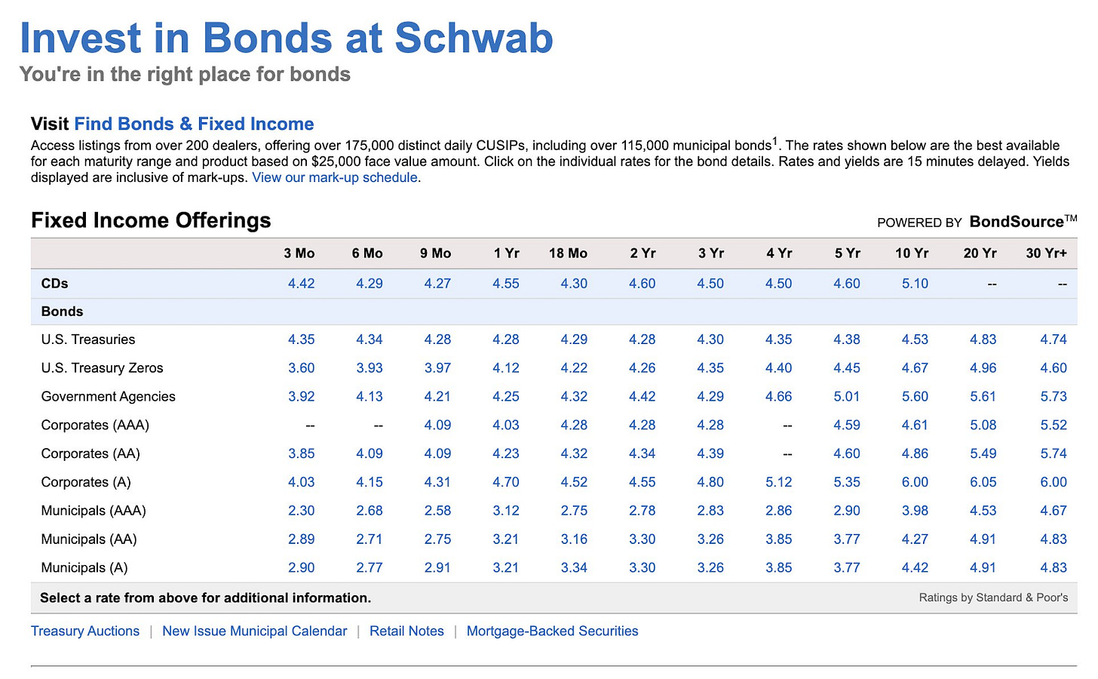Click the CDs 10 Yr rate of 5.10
pos(915,284)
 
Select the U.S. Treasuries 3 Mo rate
pos(301,339)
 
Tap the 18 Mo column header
pos(568,253)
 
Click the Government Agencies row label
pos(108,397)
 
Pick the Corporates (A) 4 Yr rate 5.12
pos(778,482)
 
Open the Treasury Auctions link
pos(85,631)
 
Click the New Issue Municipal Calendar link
pos(254,631)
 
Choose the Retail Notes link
pos(406,631)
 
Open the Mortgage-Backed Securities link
pos(552,631)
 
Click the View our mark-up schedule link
pos(335,178)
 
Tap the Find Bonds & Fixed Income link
pos(194,124)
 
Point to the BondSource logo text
pos(1017,222)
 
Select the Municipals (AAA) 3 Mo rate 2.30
pos(301,511)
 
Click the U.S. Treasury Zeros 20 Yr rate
pos(983,368)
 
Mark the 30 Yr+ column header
pos(1046,253)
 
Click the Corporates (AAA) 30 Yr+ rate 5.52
pos(1054,426)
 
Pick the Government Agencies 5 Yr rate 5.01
pos(846,397)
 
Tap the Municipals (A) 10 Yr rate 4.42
pos(915,568)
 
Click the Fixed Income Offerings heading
pos(151,220)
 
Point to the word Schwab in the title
pos(474,38)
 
